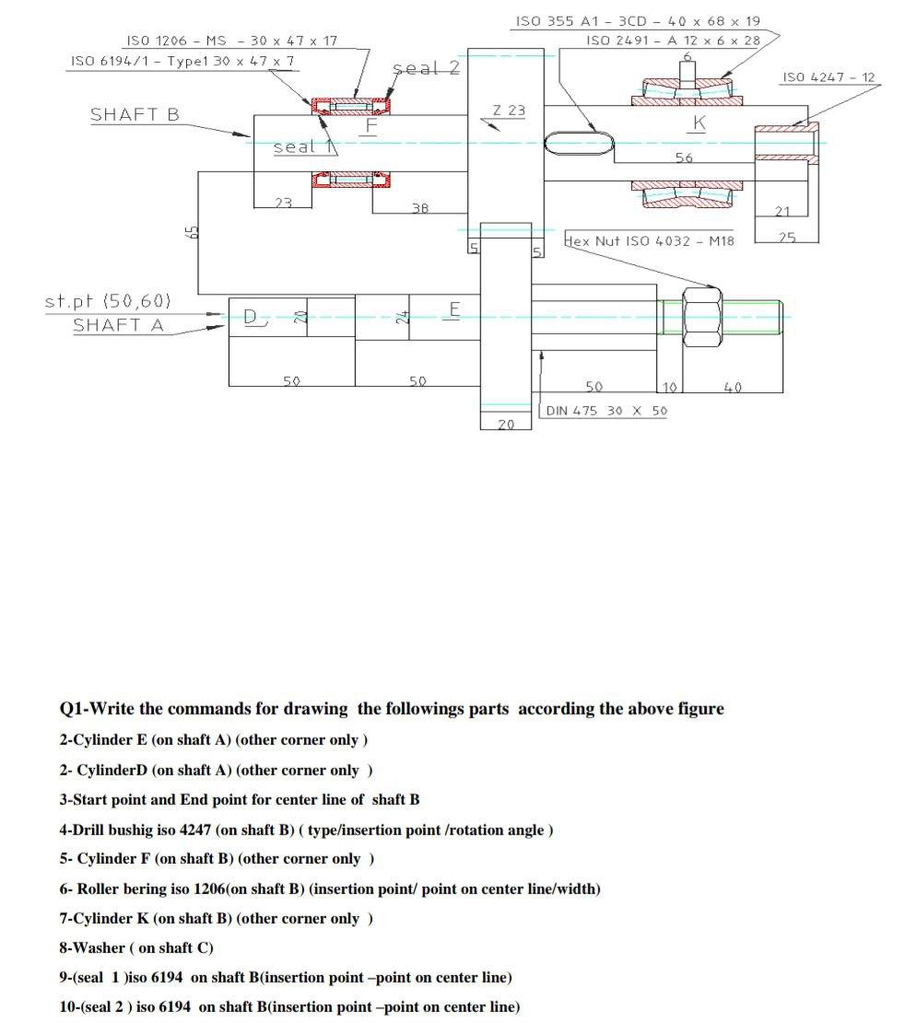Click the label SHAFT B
135,115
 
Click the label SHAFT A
117,325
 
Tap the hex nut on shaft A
701,316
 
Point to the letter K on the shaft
699,122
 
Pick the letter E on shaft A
453,308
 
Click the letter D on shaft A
251,318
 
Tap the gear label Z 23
508,110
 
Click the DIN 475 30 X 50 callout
606,411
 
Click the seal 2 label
425,68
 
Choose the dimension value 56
684,158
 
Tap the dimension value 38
419,208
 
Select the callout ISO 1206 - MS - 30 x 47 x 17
231,41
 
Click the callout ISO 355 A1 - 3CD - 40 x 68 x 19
638,21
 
